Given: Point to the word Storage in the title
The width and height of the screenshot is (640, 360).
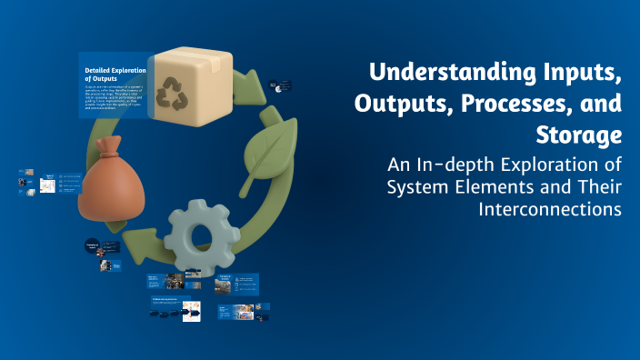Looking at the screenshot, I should tap(581, 135).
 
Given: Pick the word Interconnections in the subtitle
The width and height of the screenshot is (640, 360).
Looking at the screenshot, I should tap(549, 209).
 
